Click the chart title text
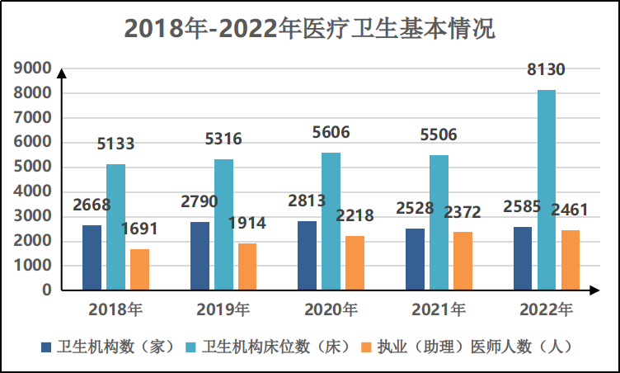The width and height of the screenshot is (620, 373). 309,29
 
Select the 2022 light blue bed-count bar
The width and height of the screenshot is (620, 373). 547,190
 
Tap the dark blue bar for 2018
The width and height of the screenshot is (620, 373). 92,257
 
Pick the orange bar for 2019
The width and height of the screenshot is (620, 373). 247,267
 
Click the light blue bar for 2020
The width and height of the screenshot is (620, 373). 331,221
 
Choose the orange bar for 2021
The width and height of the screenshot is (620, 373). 463,261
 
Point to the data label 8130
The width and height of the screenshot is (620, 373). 547,71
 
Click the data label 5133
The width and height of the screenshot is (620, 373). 115,144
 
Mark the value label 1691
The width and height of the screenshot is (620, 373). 139,229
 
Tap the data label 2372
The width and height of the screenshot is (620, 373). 463,213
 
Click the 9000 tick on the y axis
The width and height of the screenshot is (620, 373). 33,68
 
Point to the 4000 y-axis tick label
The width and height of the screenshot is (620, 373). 33,191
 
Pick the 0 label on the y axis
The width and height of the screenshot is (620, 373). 46,290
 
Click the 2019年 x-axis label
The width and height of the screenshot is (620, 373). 223,310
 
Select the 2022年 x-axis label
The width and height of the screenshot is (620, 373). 547,310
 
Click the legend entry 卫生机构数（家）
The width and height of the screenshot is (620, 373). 107,347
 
